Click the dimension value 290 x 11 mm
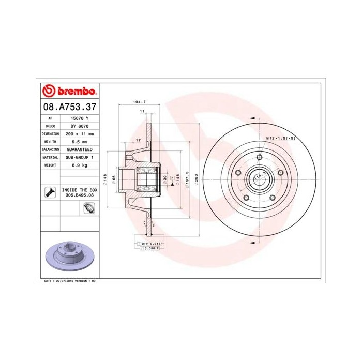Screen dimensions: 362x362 pos(79,133)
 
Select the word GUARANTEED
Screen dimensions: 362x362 pos(79,149)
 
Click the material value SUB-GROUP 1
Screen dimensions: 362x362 pos(79,157)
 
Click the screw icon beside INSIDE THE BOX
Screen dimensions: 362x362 pos(50,193)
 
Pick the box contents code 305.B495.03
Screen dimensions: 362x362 pos(79,196)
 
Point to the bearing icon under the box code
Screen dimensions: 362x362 pos(87,208)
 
